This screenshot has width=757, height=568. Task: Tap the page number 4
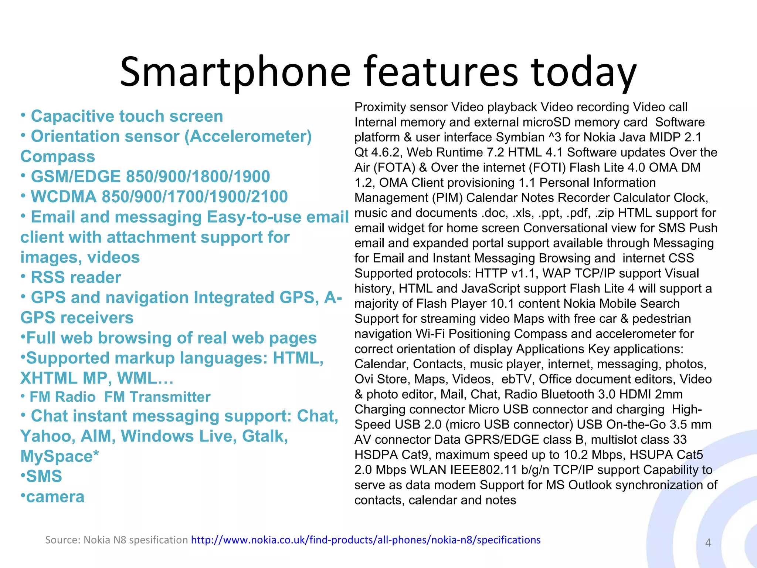click(708, 542)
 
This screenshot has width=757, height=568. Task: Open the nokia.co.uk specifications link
click(366, 540)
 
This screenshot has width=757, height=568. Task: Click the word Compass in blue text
click(58, 156)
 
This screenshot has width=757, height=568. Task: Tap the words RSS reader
click(76, 277)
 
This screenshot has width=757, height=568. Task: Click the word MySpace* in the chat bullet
click(60, 456)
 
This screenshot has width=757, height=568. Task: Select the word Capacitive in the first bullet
click(72, 116)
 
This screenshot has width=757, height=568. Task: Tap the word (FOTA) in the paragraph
click(395, 168)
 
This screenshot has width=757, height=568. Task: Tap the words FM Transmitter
click(157, 397)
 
